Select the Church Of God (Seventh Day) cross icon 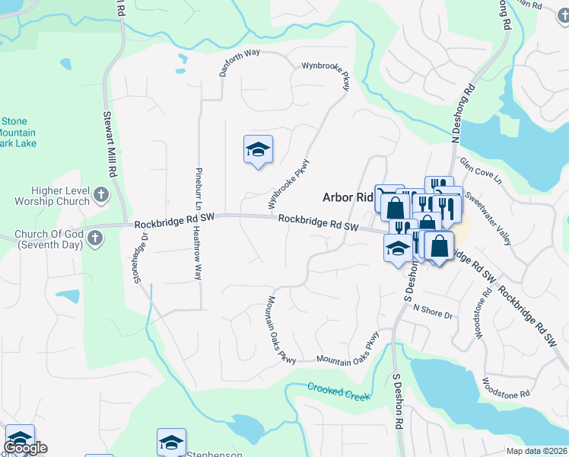pyautogui.click(x=94, y=239)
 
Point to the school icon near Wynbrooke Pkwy pyautogui.click(x=258, y=149)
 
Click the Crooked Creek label pyautogui.click(x=339, y=391)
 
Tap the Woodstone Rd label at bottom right pyautogui.click(x=506, y=387)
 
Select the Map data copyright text pyautogui.click(x=536, y=451)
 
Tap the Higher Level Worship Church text pyautogui.click(x=51, y=197)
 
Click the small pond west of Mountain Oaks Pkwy pyautogui.click(x=67, y=296)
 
